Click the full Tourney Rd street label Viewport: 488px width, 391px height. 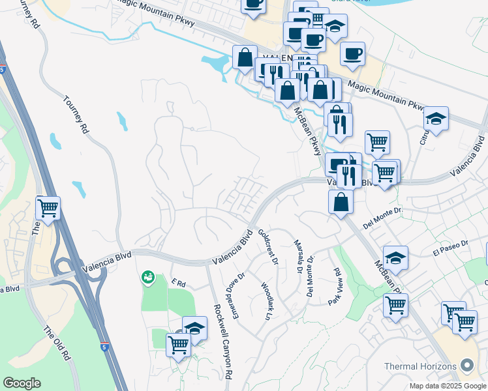76,115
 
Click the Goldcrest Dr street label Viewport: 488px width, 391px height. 267,246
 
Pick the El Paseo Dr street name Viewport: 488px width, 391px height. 450,247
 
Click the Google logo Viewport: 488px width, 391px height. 22,383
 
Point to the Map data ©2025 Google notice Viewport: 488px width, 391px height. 448,386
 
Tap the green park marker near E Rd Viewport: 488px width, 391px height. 148,278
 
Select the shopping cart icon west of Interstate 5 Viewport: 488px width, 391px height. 48,208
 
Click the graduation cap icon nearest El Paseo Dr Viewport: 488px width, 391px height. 395,258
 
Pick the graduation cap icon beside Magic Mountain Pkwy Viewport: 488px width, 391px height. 436,119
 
